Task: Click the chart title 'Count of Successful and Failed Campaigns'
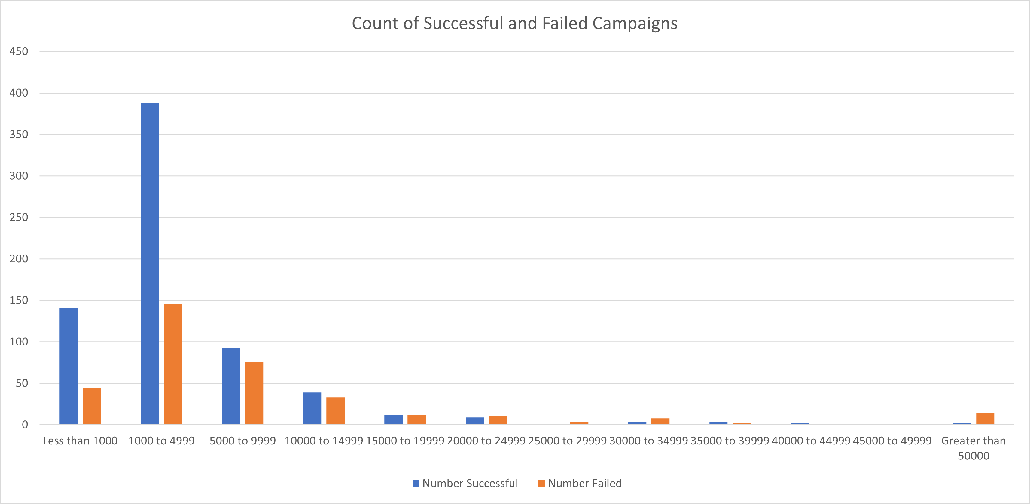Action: point(515,23)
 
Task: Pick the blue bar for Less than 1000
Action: point(69,366)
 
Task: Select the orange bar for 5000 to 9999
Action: point(254,393)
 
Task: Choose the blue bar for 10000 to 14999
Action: point(312,408)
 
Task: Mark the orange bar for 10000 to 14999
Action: point(335,411)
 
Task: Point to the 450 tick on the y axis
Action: point(19,51)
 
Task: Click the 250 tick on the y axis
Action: point(19,217)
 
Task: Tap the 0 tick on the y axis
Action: point(25,425)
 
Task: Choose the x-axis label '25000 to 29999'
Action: point(567,441)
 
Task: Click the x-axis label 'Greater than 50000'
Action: point(973,448)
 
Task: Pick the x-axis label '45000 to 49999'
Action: point(892,441)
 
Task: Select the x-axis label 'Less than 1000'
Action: point(80,441)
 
